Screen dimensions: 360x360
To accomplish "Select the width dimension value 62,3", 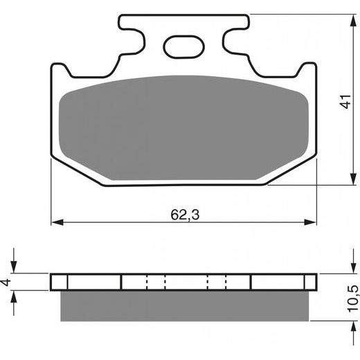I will [183, 215].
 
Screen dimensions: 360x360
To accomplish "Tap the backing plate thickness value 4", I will [7, 282].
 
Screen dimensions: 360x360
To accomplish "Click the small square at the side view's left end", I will [60, 282].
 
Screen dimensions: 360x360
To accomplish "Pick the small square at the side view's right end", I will [309, 282].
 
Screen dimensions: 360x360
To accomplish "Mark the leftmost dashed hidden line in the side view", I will [147, 282].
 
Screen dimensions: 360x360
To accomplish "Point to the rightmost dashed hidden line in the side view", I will [226, 282].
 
